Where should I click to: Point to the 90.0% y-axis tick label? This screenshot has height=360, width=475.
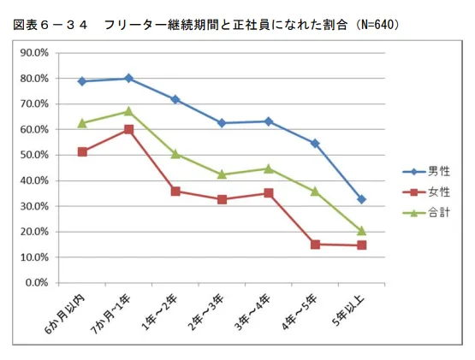(35, 53)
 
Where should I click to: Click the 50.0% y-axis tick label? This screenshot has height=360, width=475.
(35, 156)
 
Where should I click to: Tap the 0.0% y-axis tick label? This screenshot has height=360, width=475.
(38, 283)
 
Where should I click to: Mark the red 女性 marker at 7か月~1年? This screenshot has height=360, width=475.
(128, 129)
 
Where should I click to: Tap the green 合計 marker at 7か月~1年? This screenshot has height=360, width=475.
(128, 111)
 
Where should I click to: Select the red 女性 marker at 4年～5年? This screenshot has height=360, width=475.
(315, 245)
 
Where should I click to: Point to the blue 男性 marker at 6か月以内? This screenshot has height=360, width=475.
(82, 81)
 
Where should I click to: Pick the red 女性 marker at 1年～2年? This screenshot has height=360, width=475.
(175, 192)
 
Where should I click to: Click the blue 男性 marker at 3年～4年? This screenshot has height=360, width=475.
(269, 121)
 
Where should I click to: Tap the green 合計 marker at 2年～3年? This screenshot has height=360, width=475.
(222, 174)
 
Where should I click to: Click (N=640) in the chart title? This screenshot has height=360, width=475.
(372, 26)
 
